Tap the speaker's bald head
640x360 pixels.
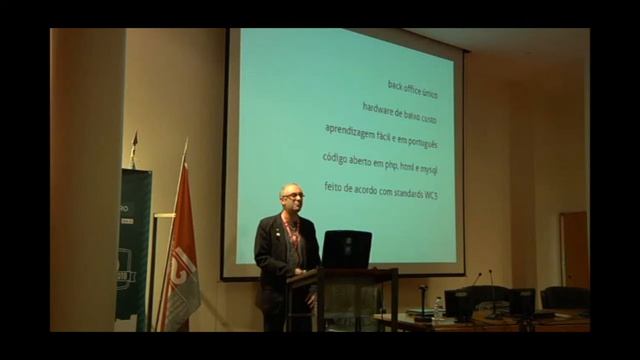(x=291, y=192)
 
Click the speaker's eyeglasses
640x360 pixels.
(x=292, y=198)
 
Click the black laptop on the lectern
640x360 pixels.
(x=346, y=249)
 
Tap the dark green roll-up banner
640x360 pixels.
(x=133, y=245)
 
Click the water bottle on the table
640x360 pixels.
(x=439, y=308)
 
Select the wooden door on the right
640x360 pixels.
(x=574, y=249)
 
